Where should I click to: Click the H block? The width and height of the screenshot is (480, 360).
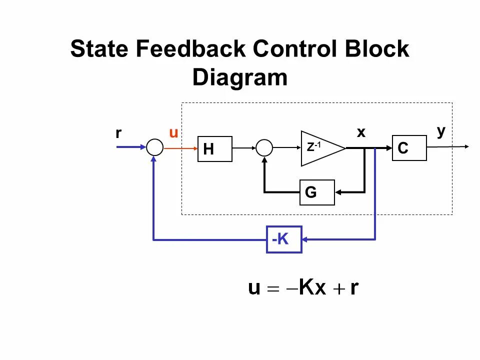point(215,148)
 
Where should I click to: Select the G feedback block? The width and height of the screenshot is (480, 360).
point(316,192)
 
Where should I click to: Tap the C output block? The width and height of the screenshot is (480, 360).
point(409,147)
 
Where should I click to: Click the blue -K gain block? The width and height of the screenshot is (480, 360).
point(283,239)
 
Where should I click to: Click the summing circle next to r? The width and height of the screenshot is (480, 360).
point(154,147)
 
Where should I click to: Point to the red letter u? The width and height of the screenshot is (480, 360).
point(173,133)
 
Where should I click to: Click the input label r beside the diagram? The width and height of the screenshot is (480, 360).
point(118,133)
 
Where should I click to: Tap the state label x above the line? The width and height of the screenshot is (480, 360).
point(361,132)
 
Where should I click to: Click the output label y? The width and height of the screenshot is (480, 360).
point(440,131)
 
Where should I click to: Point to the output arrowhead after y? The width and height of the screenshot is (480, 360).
point(466,146)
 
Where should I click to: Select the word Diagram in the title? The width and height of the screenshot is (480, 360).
point(240,78)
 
